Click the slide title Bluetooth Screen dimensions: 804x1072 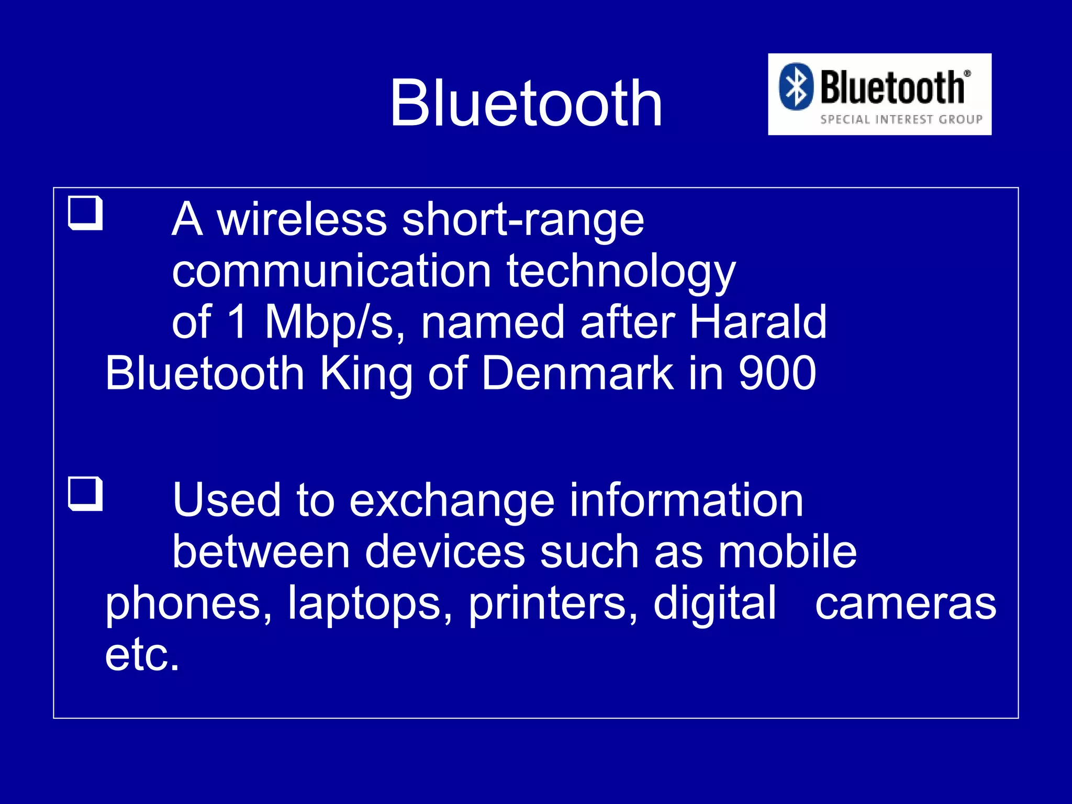526,103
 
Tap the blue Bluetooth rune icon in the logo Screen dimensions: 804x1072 796,86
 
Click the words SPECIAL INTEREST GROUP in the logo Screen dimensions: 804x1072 901,119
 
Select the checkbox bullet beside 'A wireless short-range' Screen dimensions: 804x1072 85,213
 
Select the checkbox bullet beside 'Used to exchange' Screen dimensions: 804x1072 85,494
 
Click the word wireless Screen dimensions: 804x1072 301,220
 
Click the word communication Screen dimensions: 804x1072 331,271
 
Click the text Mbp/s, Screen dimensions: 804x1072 334,322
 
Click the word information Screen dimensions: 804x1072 686,500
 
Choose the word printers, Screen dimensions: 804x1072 553,603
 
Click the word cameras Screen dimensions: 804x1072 905,604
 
